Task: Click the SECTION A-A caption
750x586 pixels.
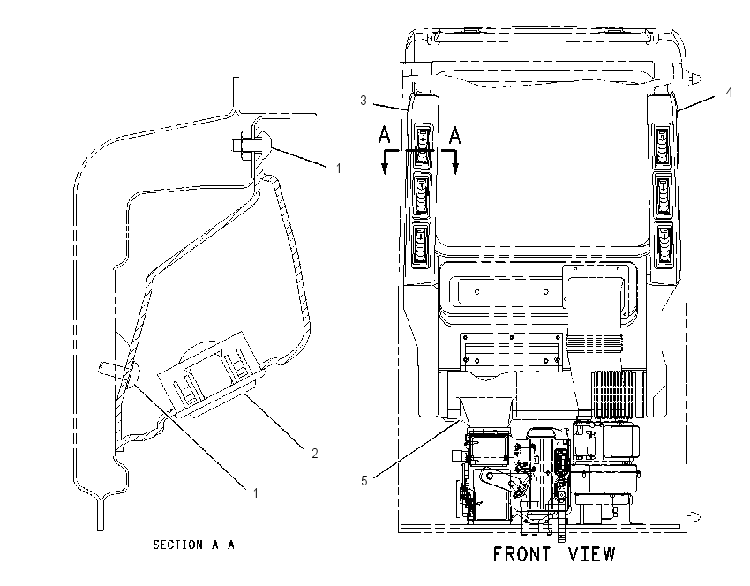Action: [194, 545]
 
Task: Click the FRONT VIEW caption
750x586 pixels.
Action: [554, 554]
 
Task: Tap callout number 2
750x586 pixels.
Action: [314, 453]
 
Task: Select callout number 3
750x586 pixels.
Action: [364, 101]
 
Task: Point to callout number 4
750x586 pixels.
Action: [729, 92]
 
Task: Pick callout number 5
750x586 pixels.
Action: [364, 481]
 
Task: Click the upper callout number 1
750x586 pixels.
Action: [339, 169]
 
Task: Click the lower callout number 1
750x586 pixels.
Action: [256, 493]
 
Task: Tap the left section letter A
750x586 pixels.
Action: [384, 135]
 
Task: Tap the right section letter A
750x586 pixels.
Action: [455, 135]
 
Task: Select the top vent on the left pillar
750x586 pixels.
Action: [423, 146]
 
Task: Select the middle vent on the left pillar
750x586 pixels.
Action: [422, 195]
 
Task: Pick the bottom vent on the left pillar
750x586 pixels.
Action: [420, 244]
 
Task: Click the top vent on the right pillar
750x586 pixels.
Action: [663, 146]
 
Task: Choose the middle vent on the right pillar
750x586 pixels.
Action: [663, 196]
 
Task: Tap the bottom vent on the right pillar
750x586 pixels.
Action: [664, 244]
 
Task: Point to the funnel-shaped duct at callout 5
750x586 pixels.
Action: [484, 411]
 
